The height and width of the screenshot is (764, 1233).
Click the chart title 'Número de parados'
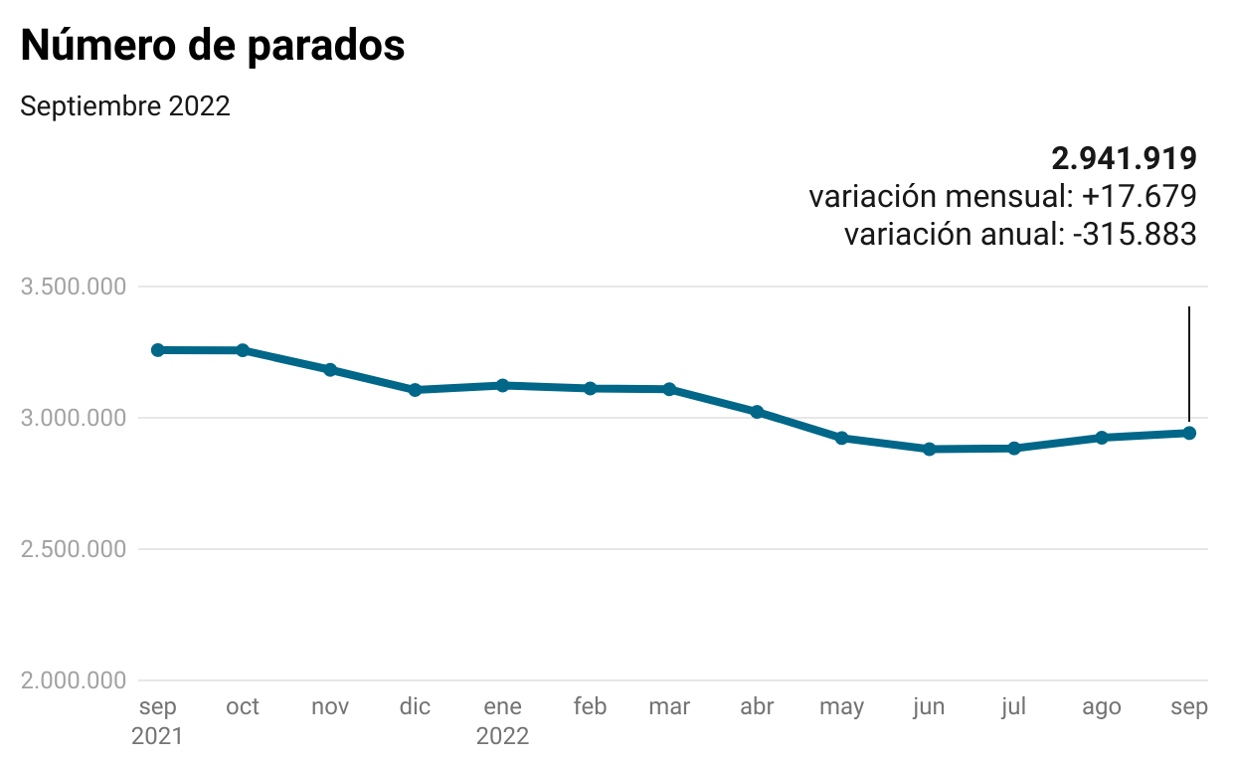coord(213,46)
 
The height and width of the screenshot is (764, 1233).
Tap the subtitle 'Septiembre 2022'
coord(125,105)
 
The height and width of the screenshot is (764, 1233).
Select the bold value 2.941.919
coord(1124,157)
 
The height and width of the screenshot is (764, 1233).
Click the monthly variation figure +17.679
coord(1139,196)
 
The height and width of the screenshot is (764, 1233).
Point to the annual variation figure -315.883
coord(1135,235)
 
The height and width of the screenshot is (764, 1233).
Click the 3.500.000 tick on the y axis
coord(74,287)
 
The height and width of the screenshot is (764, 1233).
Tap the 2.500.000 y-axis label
coord(74,549)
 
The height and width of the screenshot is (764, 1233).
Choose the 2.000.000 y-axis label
coord(74,680)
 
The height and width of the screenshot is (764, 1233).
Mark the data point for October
coord(243,350)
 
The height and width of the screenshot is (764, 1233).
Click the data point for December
coord(415,390)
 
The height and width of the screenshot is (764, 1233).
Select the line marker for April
coord(757,412)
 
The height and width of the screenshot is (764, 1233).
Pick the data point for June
coord(929,449)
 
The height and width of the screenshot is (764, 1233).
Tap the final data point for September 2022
coord(1189,433)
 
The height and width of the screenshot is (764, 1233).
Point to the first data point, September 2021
coord(157,350)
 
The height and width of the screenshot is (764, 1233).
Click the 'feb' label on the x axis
coord(590,707)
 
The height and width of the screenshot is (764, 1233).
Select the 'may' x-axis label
coord(841,707)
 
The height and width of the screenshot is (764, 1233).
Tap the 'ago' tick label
coord(1101,707)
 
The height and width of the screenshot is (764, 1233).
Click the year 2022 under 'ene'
coord(502,737)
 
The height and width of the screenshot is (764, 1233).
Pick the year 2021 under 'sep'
coord(157,737)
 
